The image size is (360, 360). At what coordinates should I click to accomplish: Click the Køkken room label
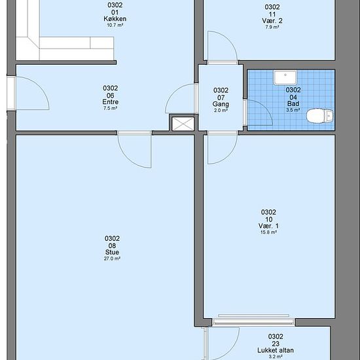pos(115,19)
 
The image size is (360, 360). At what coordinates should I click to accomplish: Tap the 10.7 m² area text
pos(115,25)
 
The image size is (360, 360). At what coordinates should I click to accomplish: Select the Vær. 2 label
pos(272,21)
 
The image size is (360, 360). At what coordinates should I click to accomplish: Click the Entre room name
pos(111,102)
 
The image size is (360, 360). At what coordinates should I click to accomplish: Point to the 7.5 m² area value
pos(111,108)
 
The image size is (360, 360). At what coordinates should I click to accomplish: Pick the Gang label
pos(221,104)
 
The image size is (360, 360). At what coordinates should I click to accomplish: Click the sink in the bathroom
pos(285,78)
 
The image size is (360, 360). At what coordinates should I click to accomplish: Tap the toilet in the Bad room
pos(320,116)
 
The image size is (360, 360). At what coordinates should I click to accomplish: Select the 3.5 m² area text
pos(293,110)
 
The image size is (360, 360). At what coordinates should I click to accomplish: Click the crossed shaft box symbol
pos(183,124)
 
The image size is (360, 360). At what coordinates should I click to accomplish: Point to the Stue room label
pos(112,252)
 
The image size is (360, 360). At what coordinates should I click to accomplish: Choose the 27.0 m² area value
pos(112,259)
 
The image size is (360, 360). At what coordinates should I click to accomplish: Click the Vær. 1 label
pos(268,226)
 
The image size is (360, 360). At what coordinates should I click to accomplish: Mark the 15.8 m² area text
pos(268,232)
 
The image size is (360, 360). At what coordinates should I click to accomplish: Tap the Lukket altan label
pos(276,350)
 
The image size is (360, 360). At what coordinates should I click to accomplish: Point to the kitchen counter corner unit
pos(27,48)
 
